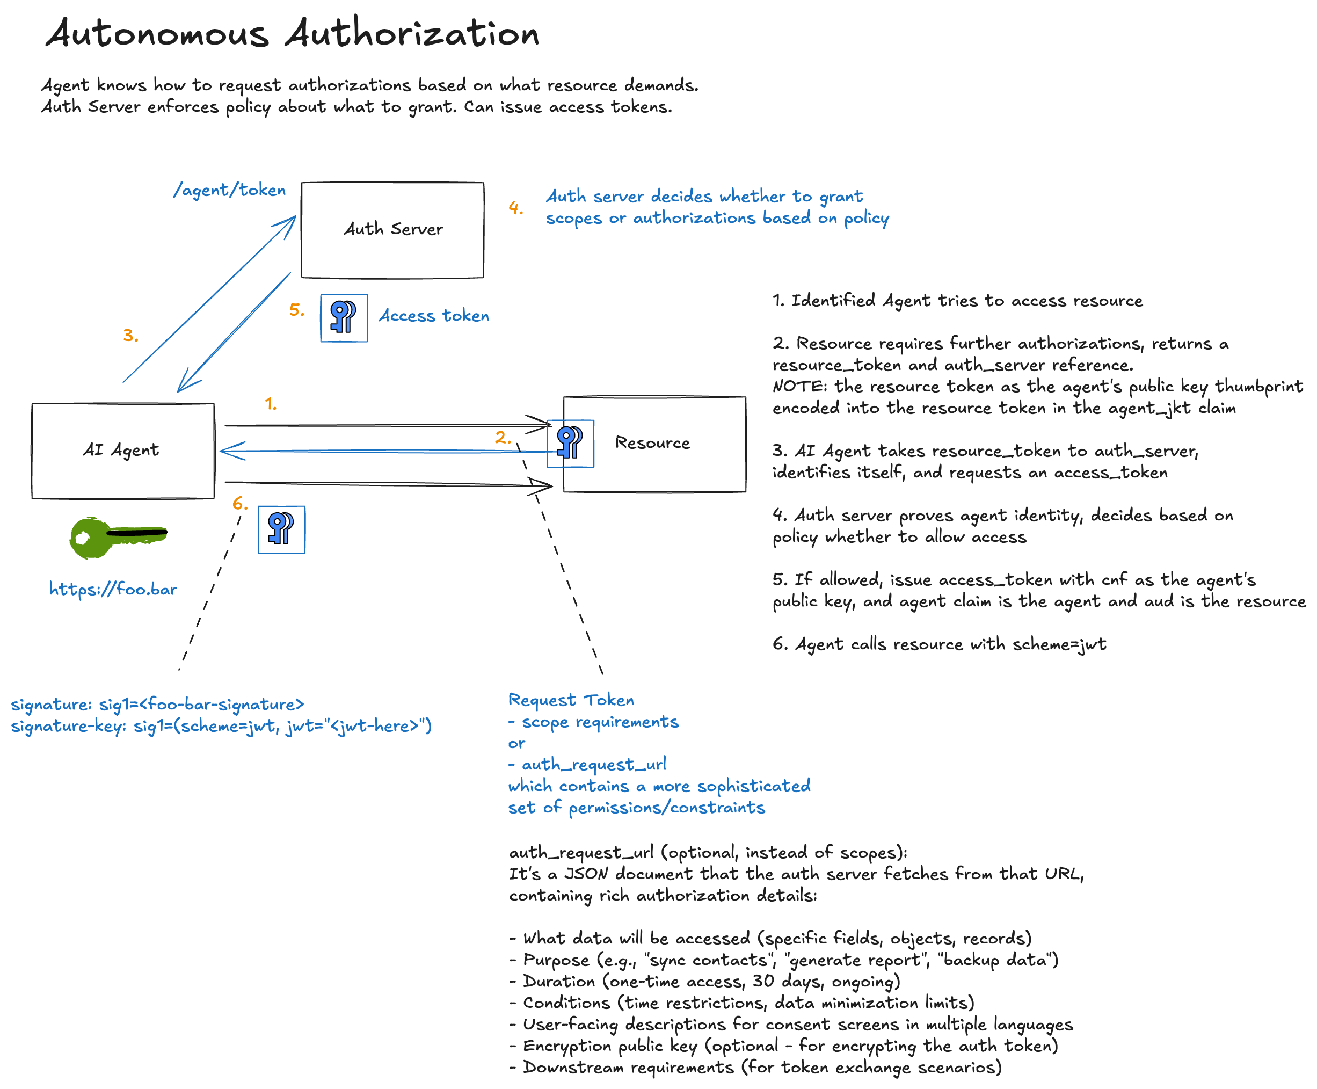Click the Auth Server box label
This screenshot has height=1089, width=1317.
393,229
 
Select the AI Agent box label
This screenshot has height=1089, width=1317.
121,450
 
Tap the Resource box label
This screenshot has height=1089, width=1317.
652,443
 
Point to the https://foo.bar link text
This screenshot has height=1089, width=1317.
113,590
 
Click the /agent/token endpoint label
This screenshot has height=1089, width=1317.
230,190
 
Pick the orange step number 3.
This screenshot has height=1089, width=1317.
130,336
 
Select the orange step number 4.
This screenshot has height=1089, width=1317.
515,208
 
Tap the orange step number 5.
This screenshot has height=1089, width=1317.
297,310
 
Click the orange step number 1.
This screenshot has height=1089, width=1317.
270,404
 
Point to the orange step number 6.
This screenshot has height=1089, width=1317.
239,503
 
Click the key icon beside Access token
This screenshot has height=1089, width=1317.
344,318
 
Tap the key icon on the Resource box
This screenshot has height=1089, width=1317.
571,444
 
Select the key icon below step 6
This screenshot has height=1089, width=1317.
281,529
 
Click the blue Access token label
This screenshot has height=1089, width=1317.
434,316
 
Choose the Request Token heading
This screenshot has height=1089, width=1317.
571,700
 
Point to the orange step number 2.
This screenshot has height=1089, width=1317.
503,437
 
